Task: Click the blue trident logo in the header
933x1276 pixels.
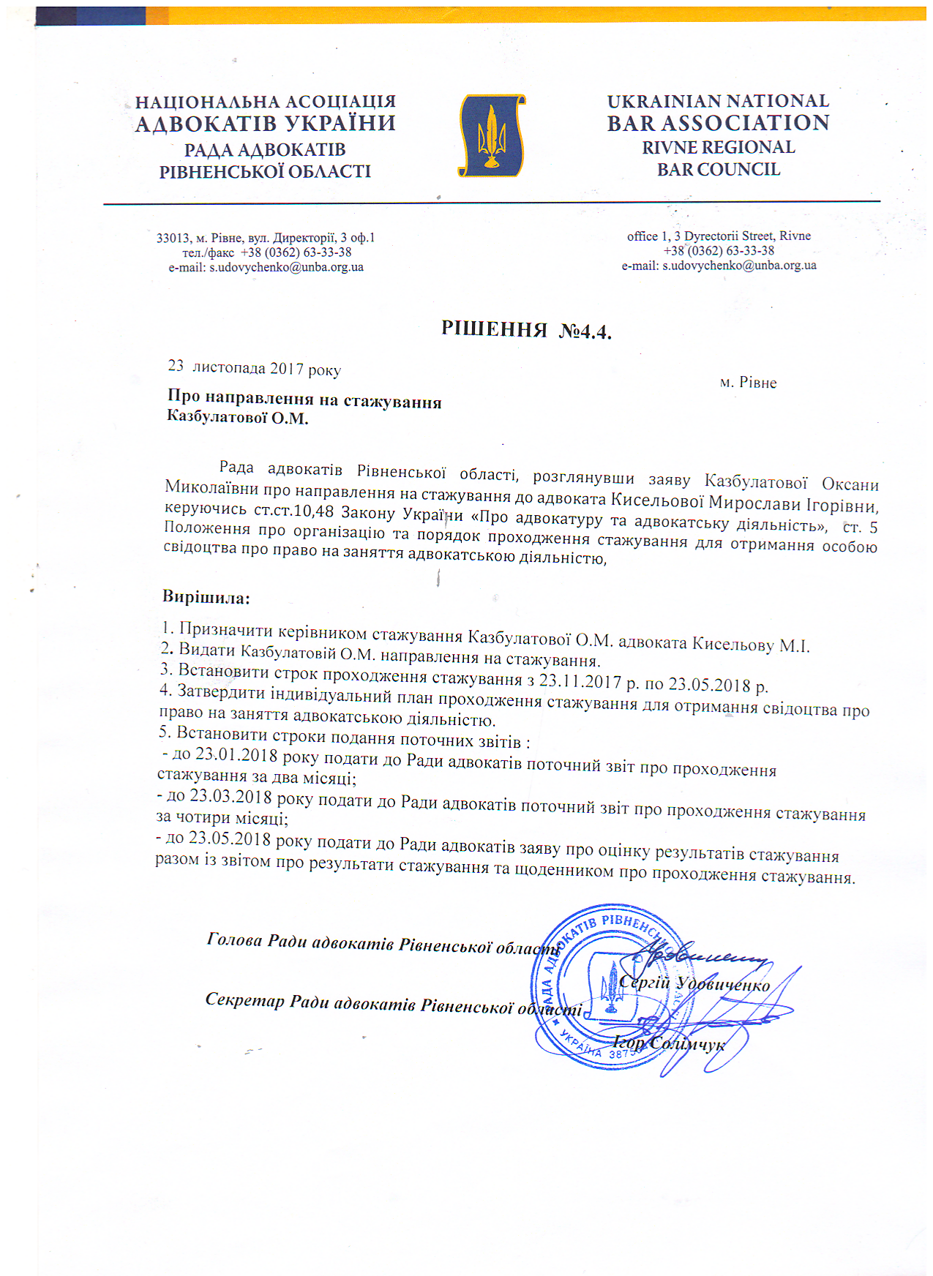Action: [x=491, y=135]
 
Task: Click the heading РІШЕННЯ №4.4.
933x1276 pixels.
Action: [x=526, y=330]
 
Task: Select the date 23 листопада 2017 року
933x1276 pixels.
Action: [x=255, y=367]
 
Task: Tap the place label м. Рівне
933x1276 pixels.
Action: [x=748, y=383]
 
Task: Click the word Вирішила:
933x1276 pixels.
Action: [x=206, y=597]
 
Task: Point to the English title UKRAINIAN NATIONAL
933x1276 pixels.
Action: [x=718, y=101]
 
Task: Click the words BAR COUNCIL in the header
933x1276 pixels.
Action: [x=718, y=170]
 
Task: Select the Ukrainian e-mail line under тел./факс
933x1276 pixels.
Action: [x=266, y=267]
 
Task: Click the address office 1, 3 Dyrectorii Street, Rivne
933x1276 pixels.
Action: [x=719, y=236]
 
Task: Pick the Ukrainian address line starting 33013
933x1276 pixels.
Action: [x=265, y=238]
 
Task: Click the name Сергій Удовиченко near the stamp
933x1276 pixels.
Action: [x=694, y=983]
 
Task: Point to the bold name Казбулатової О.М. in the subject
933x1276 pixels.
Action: [x=237, y=419]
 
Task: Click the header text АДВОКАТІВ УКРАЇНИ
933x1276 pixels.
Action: [x=265, y=124]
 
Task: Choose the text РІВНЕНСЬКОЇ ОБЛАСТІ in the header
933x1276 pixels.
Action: [x=265, y=172]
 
